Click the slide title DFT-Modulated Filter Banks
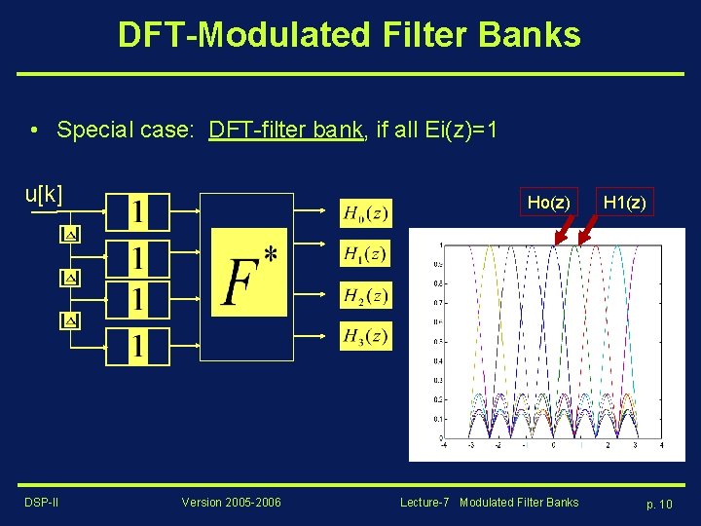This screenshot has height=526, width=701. tap(349, 35)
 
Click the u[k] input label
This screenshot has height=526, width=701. tap(44, 194)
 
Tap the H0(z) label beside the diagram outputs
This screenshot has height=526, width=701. tap(365, 211)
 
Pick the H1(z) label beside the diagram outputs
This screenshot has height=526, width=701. tap(365, 253)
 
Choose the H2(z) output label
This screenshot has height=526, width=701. tap(365, 295)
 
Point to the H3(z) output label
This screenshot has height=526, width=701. tap(365, 336)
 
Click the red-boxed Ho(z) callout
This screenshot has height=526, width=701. tap(548, 203)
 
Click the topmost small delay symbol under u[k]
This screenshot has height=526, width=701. tap(69, 235)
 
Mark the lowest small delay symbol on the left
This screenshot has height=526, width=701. tap(69, 319)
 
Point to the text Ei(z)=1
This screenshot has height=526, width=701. tap(462, 130)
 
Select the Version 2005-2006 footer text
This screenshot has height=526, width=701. tap(231, 503)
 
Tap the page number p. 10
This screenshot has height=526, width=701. tap(659, 504)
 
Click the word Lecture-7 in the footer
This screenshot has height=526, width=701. tap(424, 503)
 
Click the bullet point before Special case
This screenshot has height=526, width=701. tap(34, 130)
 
